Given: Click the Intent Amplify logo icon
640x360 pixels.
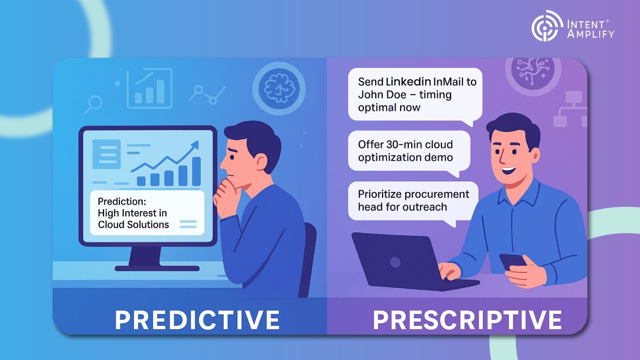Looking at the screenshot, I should tap(545, 26).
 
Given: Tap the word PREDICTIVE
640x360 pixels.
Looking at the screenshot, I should tap(197, 320).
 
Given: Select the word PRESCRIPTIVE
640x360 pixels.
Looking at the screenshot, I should tap(467, 320).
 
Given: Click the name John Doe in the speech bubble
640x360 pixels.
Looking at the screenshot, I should tap(382, 95).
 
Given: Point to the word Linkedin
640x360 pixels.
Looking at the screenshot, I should tap(408, 82).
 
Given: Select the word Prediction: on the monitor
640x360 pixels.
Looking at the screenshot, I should tap(122, 201).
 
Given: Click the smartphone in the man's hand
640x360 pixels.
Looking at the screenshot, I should tap(512, 261).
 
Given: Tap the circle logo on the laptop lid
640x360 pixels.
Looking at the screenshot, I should tap(395, 262).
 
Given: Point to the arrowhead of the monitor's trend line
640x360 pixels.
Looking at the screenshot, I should tap(196, 144).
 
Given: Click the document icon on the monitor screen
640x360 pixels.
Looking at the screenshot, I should tap(106, 154).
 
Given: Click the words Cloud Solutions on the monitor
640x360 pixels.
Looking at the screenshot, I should tap(133, 225).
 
